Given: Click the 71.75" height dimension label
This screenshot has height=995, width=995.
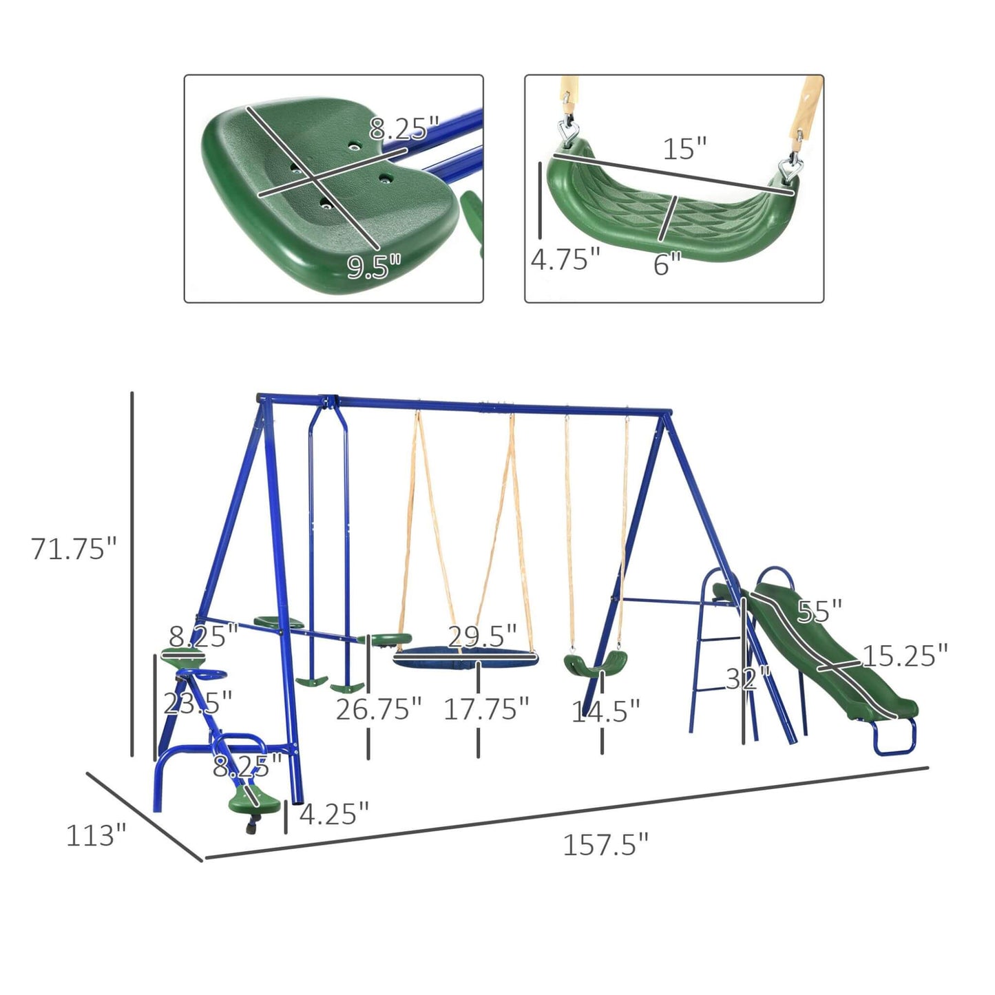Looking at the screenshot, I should click(x=74, y=549).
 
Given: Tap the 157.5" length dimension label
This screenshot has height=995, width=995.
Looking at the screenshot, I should click(x=605, y=845).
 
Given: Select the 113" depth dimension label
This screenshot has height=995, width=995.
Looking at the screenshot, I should click(x=96, y=835).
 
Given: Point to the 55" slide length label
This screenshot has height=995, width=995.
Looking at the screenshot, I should click(x=819, y=611).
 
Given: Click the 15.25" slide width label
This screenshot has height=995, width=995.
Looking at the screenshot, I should click(x=905, y=656).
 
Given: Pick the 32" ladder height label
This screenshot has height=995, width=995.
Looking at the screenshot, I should click(x=748, y=680).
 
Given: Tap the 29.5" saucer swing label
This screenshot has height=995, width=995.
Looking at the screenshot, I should click(x=482, y=637).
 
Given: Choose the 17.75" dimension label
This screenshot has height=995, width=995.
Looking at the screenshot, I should click(x=486, y=709).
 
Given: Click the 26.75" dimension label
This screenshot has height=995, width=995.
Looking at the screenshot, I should click(x=378, y=709).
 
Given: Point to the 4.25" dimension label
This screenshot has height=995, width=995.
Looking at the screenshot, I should click(x=334, y=813).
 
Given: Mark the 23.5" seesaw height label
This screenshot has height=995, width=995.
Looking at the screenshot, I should click(x=198, y=703).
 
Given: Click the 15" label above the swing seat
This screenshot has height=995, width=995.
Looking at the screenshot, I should click(x=684, y=149).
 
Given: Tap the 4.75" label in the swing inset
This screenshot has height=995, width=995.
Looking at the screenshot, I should click(x=565, y=260).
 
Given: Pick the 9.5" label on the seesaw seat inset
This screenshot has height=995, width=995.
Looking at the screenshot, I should click(x=374, y=266).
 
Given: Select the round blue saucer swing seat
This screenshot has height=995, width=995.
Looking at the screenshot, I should click(x=465, y=658).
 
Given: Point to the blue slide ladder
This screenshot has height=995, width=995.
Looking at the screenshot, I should click(x=716, y=661).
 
